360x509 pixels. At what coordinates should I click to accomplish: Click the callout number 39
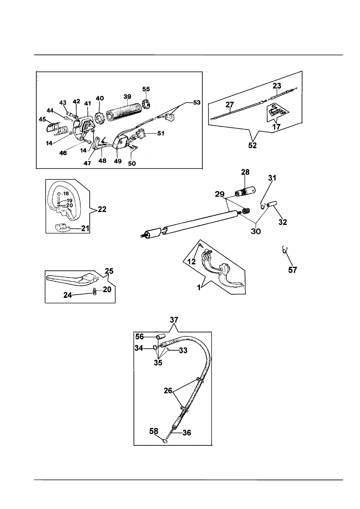(127, 97)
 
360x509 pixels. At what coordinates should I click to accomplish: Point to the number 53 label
(196, 102)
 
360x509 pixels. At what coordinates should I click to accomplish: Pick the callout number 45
(42, 119)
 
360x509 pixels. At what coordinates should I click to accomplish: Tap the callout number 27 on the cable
(230, 104)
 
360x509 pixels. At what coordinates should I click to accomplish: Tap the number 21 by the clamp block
(85, 229)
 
